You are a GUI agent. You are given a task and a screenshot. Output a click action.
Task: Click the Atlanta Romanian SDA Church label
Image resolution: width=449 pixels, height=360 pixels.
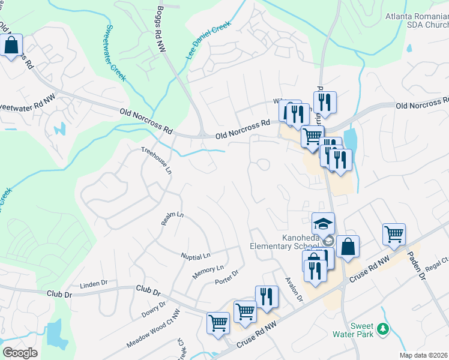417,20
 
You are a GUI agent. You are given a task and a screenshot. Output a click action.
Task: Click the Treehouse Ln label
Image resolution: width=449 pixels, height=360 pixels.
157,160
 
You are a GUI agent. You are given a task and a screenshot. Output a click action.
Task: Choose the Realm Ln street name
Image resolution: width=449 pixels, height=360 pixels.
172,218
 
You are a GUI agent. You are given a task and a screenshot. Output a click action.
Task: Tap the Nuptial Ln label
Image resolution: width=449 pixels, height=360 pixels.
196,256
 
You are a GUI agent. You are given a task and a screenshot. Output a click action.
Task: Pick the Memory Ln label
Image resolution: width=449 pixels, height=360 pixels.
208,272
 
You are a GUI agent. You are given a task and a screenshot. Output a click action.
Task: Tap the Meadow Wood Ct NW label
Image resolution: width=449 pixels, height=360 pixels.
153,329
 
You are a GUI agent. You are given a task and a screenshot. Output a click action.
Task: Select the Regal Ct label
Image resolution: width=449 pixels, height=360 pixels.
436,262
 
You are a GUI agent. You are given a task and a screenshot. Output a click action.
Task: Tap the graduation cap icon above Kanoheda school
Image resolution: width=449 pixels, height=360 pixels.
323,224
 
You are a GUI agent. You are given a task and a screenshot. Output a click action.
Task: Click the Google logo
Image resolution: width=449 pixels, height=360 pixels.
20,353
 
